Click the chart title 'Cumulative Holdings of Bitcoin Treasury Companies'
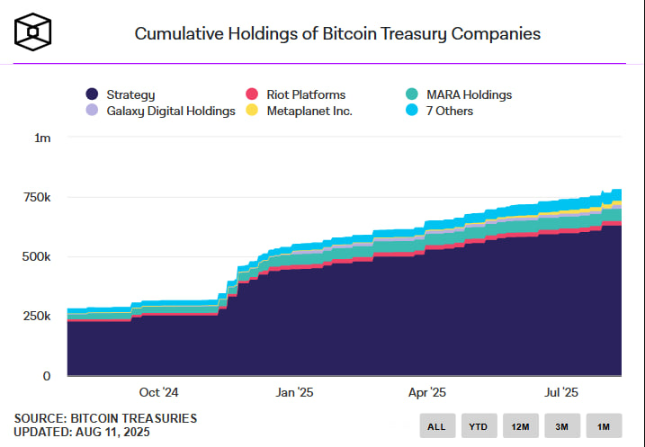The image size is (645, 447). pos(337,34)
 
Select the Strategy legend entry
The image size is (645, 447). pos(121,94)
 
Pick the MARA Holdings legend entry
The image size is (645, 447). pos(460,94)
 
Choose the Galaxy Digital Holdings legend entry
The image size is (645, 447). pos(161,111)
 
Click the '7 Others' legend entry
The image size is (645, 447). pos(441,111)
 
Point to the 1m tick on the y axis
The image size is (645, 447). pos(42,138)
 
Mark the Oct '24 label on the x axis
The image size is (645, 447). pos(158,392)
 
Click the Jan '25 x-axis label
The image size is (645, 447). pos(294,392)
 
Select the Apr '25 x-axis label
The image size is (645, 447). pos(427,392)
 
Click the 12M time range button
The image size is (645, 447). pos(521,426)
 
